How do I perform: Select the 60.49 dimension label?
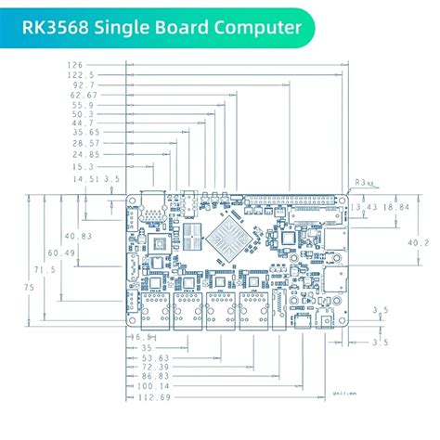click(62, 252)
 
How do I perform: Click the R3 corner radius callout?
click(361, 184)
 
